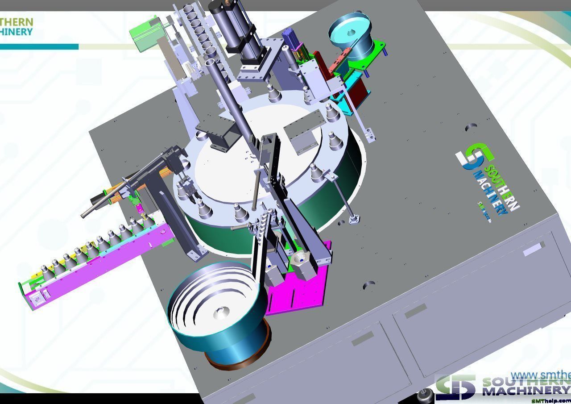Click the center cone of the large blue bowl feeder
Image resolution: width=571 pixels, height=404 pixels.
tap(219, 312)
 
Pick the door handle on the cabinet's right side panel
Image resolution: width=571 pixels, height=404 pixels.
tap(534, 249)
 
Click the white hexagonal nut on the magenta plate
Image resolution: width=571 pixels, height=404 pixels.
tap(302, 258)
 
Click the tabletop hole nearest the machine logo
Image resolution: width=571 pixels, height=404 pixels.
tap(471, 128)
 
